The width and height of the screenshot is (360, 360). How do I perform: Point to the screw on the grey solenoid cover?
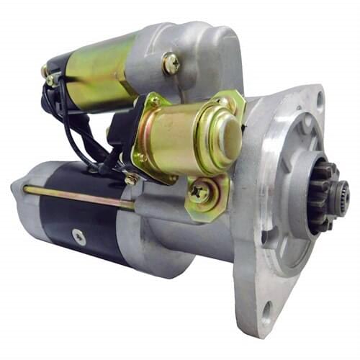click(x=171, y=63)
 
